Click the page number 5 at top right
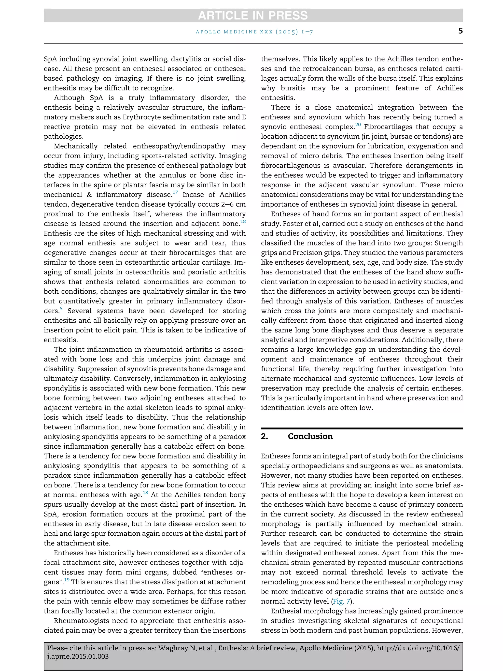460,31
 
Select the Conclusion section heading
310,436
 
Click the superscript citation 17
175,192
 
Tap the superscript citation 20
358,125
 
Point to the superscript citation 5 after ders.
61,309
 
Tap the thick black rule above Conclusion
362,428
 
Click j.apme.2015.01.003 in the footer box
78,657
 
